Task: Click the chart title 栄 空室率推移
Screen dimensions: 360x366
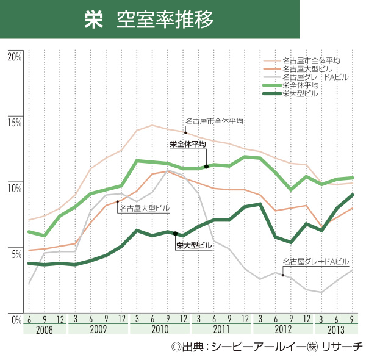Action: pyautogui.click(x=149, y=19)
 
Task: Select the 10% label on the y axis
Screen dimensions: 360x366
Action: pyautogui.click(x=15, y=188)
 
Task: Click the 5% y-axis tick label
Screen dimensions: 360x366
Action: pyautogui.click(x=16, y=253)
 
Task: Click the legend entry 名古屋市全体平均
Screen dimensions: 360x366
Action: pyautogui.click(x=311, y=60)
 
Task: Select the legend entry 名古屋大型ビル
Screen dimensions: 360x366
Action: pyautogui.click(x=309, y=69)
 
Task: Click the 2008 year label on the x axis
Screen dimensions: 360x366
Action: pyautogui.click(x=44, y=330)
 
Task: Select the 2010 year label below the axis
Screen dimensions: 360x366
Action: pyautogui.click(x=160, y=330)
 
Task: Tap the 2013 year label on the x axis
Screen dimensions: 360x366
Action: pyautogui.click(x=335, y=330)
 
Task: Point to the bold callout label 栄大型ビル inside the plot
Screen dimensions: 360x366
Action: pyautogui.click(x=194, y=245)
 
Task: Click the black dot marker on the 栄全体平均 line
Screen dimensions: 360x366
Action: pyautogui.click(x=207, y=166)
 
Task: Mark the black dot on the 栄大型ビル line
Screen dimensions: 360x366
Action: pyautogui.click(x=176, y=234)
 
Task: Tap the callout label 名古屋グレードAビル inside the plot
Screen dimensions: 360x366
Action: pyautogui.click(x=316, y=262)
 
